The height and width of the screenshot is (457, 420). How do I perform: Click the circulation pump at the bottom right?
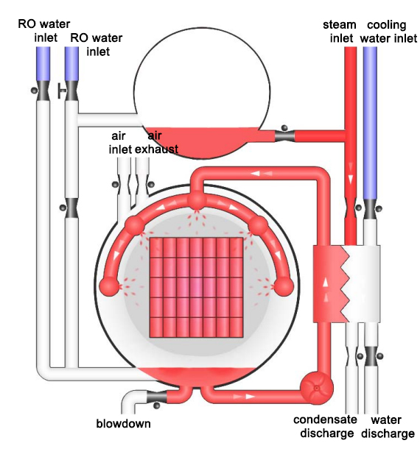click(317, 388)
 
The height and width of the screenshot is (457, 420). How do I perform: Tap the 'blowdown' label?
click(124, 423)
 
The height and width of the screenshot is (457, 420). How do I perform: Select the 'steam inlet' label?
click(340, 31)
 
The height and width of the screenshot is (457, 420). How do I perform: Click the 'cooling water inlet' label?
click(388, 32)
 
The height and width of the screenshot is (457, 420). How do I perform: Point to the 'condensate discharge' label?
click(326, 426)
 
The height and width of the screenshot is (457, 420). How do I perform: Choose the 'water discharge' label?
click(388, 426)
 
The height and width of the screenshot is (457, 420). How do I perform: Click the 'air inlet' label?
click(119, 143)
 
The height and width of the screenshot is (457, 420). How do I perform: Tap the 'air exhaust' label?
click(156, 143)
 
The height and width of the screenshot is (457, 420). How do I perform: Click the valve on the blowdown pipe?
click(156, 397)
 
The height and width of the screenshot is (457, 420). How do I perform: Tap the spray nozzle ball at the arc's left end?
click(110, 286)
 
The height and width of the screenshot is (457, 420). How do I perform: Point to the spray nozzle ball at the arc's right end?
click(284, 286)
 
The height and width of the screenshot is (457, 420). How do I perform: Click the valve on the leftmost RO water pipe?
click(43, 91)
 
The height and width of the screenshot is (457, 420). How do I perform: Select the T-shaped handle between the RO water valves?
click(61, 91)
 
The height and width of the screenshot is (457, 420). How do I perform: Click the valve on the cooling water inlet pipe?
click(370, 209)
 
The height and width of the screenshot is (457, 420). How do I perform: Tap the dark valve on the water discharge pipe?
click(371, 356)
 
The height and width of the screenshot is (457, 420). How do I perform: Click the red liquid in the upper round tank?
click(201, 142)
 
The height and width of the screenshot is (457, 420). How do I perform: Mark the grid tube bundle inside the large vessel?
click(196, 288)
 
